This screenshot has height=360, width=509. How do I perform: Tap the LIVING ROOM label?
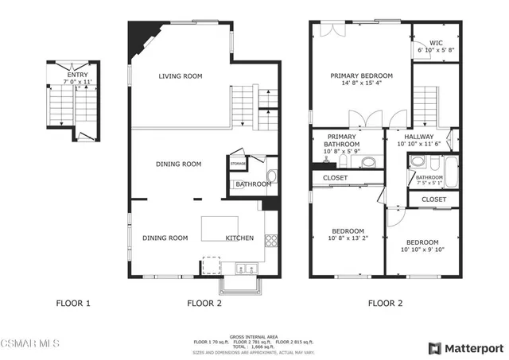click(x=180, y=76)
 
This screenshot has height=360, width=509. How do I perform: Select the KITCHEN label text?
click(x=239, y=238)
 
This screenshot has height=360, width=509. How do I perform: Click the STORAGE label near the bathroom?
click(x=238, y=164)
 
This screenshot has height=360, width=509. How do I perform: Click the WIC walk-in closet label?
click(x=436, y=42)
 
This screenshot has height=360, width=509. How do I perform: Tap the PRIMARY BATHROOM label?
click(x=343, y=141)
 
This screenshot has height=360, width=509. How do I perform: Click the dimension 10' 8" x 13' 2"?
click(x=348, y=238)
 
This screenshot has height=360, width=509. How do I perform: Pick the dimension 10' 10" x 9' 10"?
click(x=422, y=250)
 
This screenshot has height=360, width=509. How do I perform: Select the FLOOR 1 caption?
click(x=73, y=303)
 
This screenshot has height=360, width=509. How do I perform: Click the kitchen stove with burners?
click(x=270, y=238)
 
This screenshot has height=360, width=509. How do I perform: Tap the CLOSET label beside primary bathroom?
click(x=335, y=178)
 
